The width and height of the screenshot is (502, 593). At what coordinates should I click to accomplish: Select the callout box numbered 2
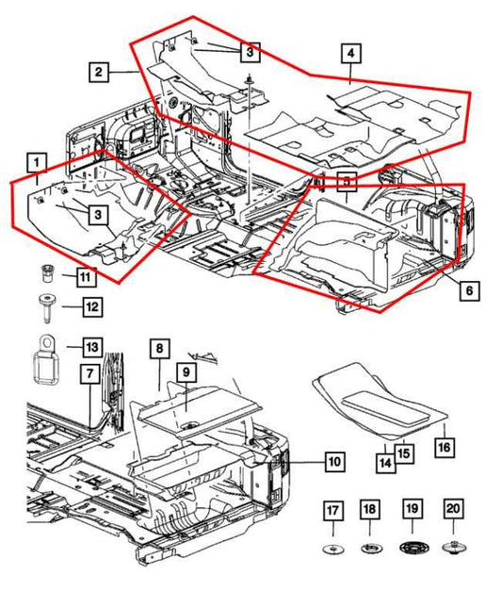click(98, 70)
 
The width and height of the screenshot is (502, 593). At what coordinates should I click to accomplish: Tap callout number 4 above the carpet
click(350, 56)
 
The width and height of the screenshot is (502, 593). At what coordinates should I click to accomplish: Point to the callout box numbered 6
click(467, 291)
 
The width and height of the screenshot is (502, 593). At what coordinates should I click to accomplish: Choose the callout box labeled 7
click(89, 375)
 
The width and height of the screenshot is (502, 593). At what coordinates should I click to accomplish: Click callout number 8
click(159, 350)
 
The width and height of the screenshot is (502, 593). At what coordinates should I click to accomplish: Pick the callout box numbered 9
click(186, 373)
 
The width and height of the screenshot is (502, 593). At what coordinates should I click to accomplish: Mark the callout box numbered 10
click(333, 462)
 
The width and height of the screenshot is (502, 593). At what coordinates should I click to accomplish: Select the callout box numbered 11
click(86, 276)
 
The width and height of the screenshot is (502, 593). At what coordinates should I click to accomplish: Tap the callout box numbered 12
click(90, 305)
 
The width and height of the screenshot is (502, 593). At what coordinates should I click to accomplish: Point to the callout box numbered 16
click(444, 446)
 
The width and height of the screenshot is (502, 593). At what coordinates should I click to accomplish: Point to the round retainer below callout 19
click(413, 548)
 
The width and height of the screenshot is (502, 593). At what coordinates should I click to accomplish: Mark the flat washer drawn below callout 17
click(333, 549)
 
